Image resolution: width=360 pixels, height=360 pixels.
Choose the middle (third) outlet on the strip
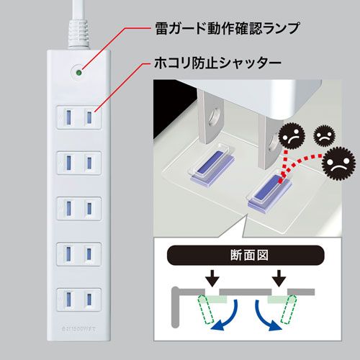[x=77, y=208]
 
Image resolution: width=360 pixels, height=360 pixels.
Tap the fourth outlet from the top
[x=77, y=254]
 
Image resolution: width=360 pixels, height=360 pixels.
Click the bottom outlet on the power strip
[x=77, y=300]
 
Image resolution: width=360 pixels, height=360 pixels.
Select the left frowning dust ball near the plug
[x=292, y=135]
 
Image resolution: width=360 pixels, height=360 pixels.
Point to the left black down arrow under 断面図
[x=210, y=276]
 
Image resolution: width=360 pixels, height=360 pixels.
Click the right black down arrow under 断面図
[x=277, y=276]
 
